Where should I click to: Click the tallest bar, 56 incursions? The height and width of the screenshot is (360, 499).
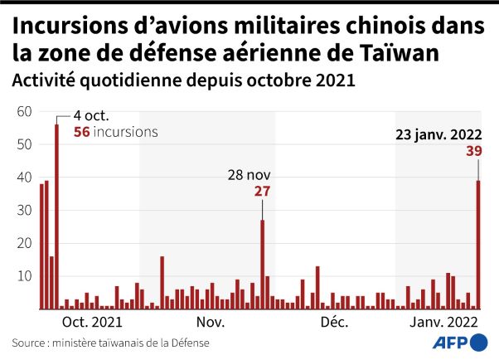56,216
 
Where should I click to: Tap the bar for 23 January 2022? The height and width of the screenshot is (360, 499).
478,245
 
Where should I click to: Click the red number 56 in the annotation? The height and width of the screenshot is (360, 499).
81,131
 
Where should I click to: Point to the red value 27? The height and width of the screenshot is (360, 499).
262,191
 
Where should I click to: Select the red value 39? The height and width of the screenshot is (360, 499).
473,150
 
